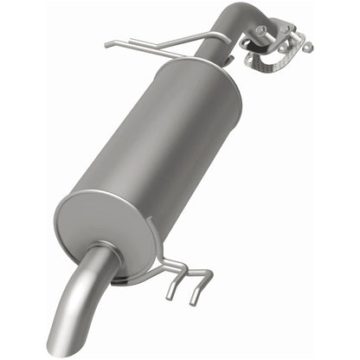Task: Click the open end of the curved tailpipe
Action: pyautogui.click(x=68, y=341)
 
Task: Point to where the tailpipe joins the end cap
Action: pyautogui.click(x=102, y=258)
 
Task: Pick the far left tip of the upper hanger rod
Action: pyautogui.click(x=107, y=44)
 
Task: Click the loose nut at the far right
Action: pyautogui.click(x=307, y=47)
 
